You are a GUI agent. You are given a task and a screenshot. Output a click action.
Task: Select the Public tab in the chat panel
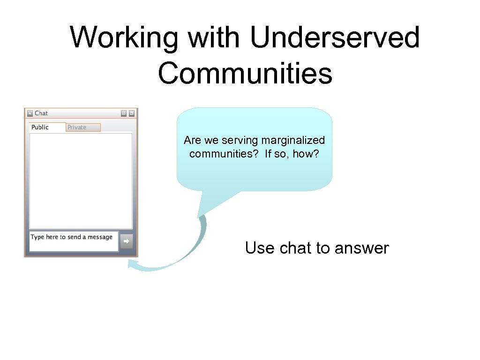[40, 127]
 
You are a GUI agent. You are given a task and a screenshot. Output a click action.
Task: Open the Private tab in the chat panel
[77, 127]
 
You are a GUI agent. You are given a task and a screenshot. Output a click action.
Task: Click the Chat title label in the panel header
[41, 113]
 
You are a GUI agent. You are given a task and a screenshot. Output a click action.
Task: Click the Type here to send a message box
[74, 241]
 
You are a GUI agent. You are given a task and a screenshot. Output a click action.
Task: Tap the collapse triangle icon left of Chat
[30, 113]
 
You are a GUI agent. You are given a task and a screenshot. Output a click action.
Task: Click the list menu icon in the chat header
[123, 113]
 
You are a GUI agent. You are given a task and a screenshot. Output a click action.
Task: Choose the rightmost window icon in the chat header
[132, 113]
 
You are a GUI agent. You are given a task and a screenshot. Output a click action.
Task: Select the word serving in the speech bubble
[242, 140]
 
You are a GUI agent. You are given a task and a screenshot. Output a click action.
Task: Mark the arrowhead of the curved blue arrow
[132, 265]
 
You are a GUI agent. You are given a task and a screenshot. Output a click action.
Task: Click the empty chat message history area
[81, 180]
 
